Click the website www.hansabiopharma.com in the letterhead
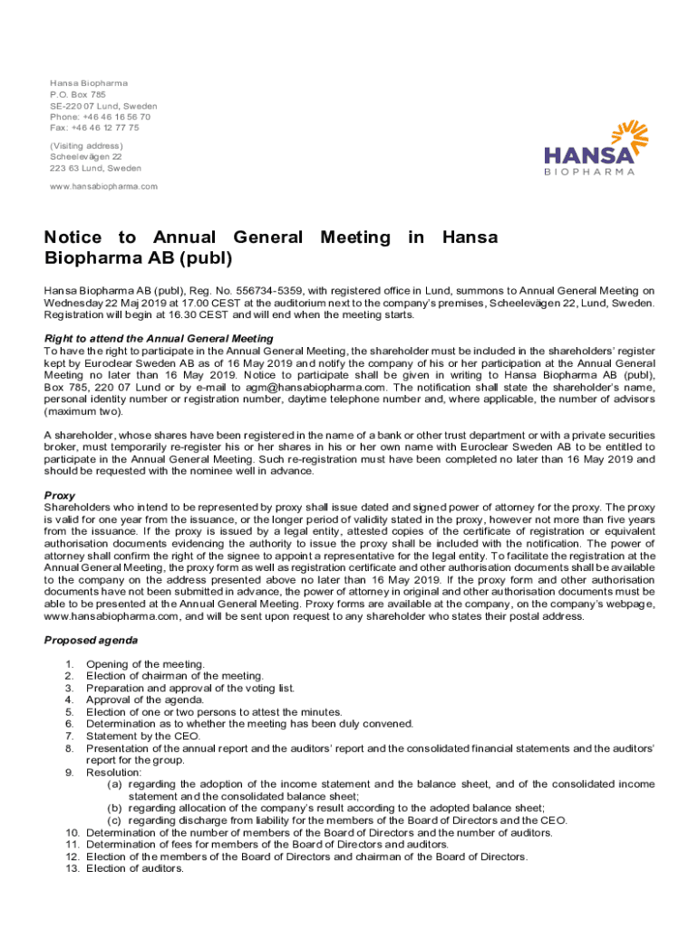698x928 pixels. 103,187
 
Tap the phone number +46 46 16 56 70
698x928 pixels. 114,117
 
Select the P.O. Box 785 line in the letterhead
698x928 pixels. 78,94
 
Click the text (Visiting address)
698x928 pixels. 86,146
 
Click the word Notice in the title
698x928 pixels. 76,237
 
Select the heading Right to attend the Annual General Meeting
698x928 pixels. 159,339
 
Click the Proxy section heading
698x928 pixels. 60,496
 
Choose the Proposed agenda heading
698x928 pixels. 89,640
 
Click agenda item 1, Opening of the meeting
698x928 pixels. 145,664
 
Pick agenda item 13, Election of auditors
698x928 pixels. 134,868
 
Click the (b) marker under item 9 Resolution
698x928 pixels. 115,807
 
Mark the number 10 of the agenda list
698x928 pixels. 73,832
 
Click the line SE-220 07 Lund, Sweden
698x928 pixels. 103,106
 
